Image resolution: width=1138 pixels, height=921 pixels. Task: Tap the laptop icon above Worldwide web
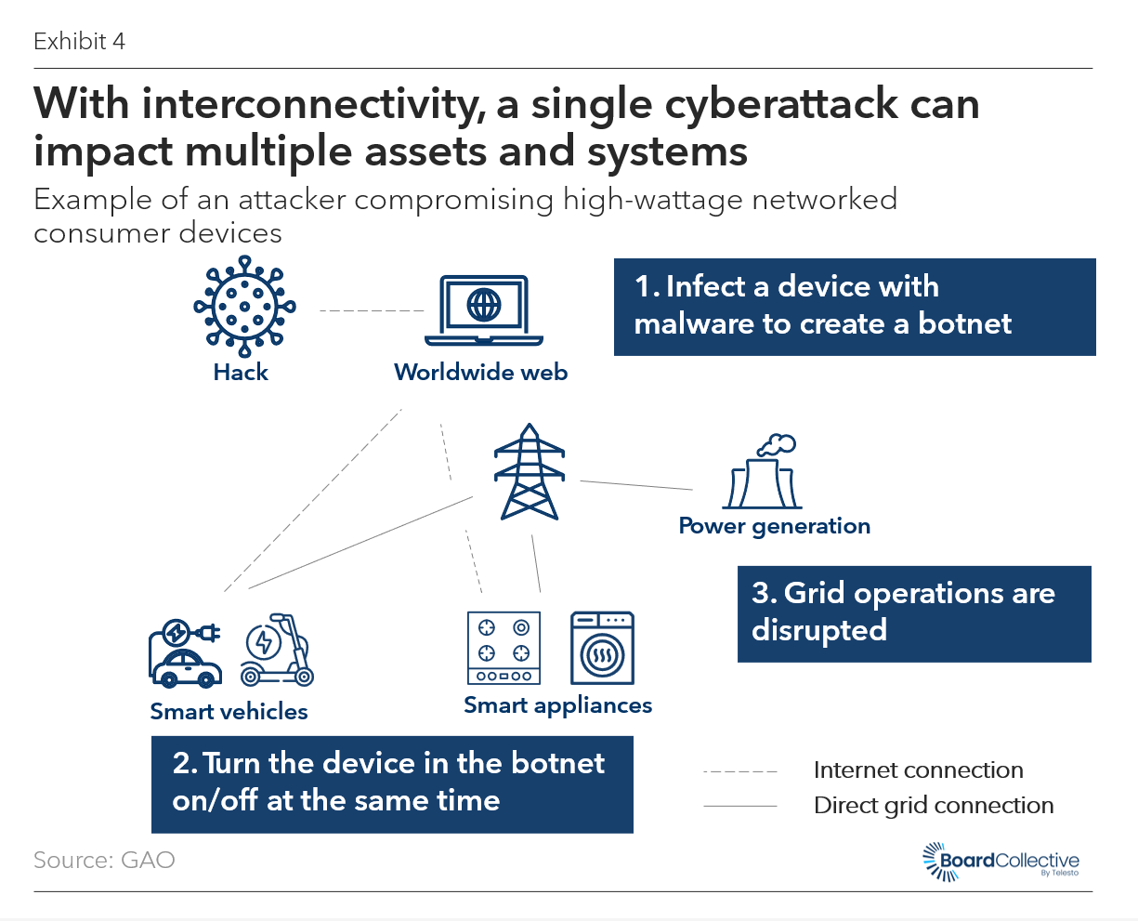[x=483, y=310]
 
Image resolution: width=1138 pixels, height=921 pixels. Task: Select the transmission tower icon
[x=530, y=472]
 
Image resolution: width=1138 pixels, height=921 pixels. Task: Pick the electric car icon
[x=186, y=654]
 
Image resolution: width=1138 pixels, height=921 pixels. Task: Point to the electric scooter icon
[x=277, y=650]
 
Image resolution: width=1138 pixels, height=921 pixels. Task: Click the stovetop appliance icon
[x=504, y=648]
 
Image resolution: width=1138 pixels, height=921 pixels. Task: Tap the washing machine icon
[x=602, y=648]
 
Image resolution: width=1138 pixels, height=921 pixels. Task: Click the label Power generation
[x=774, y=526]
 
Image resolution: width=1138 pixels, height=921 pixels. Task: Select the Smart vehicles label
[x=229, y=712]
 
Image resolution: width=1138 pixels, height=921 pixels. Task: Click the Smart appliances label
[x=557, y=705]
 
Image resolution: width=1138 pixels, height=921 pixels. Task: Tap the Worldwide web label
[x=480, y=373]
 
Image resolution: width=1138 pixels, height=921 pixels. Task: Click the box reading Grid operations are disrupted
[x=914, y=613]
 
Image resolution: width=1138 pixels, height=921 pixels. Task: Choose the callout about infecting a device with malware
[x=855, y=307]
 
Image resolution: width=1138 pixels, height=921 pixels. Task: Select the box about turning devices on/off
[x=392, y=784]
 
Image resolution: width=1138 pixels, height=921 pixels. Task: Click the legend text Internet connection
[x=918, y=770]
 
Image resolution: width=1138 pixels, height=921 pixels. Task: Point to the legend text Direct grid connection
[x=934, y=806]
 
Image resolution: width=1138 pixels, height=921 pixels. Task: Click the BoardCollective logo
[x=1001, y=862]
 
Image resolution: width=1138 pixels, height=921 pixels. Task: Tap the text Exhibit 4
[x=79, y=41]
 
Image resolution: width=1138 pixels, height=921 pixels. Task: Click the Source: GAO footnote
[x=104, y=860]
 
